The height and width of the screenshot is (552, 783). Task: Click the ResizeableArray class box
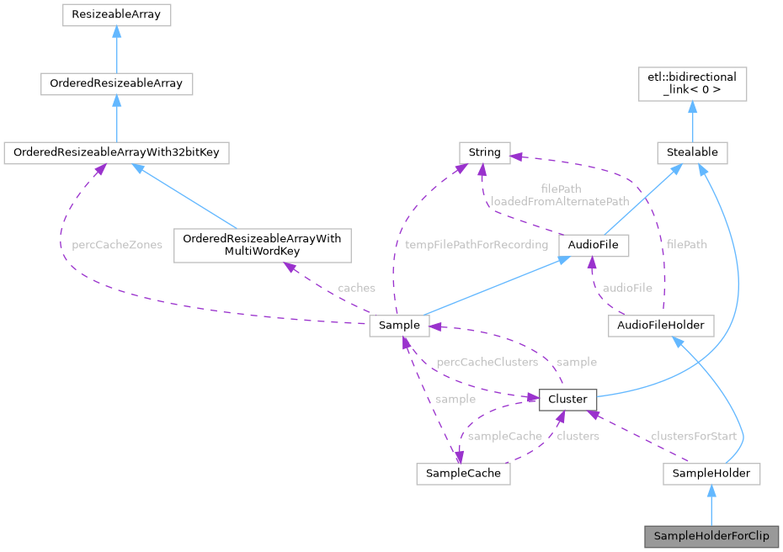(x=116, y=15)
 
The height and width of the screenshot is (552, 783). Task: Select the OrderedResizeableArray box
(x=116, y=84)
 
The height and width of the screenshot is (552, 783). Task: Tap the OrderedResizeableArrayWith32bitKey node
(x=116, y=153)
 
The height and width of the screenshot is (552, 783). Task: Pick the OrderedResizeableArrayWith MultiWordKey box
(x=262, y=246)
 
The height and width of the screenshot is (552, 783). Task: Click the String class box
(x=484, y=152)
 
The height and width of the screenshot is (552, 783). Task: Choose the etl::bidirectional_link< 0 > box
(x=692, y=84)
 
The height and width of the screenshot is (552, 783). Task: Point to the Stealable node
(x=692, y=153)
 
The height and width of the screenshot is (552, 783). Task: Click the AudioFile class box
(x=594, y=245)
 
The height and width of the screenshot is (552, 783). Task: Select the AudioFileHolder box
(x=661, y=325)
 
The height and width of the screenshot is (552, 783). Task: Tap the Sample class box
(x=400, y=325)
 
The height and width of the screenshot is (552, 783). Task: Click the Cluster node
(x=567, y=399)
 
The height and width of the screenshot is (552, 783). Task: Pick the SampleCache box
(x=463, y=473)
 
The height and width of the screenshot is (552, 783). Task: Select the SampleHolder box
(x=711, y=473)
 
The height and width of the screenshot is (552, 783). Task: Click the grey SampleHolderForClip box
(x=711, y=536)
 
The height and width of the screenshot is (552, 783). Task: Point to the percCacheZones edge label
(x=117, y=245)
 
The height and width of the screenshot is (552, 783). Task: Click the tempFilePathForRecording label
(x=477, y=245)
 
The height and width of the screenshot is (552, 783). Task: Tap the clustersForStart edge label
(x=693, y=436)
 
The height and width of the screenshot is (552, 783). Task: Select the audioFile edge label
(x=627, y=288)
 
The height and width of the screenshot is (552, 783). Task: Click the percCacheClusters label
(x=486, y=362)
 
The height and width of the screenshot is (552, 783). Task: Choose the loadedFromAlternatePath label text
(x=560, y=202)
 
